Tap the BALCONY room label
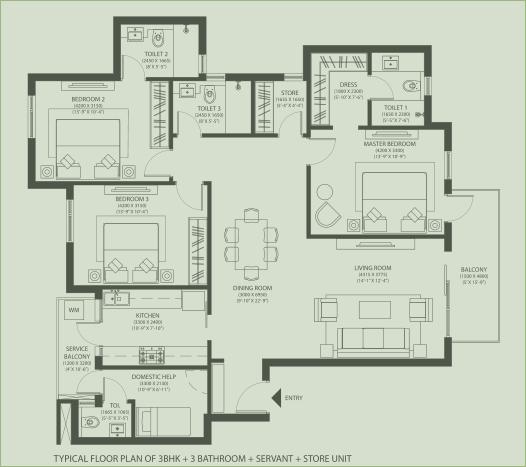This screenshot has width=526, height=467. click(x=474, y=271)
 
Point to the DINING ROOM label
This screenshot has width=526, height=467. click(x=249, y=288)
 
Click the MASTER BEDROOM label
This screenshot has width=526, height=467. click(x=389, y=144)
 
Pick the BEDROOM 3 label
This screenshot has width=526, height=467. click(x=132, y=199)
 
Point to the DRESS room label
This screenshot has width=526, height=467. click(x=349, y=85)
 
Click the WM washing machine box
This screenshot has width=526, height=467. click(x=74, y=311)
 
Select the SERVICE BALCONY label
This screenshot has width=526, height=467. click(x=78, y=355)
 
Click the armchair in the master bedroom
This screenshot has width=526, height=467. click(x=327, y=213)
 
